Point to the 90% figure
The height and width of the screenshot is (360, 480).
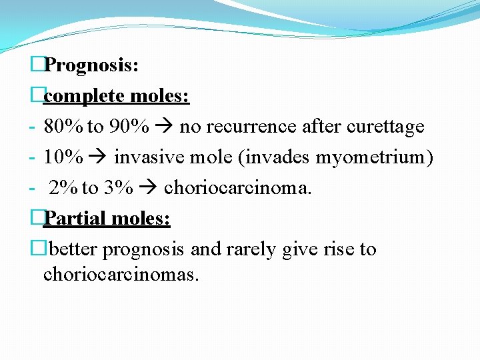tap(127, 127)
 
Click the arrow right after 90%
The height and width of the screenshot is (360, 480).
tap(163, 127)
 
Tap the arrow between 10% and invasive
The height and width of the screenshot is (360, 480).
tap(99, 157)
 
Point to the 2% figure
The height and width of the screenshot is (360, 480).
tap(63, 188)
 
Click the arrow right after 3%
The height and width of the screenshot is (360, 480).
tap(148, 188)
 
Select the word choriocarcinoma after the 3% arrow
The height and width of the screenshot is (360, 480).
tap(237, 188)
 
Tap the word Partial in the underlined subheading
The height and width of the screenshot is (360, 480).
tap(75, 219)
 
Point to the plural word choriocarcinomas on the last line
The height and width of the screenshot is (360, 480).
tap(121, 274)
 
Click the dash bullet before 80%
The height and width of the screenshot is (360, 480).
tap(32, 127)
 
